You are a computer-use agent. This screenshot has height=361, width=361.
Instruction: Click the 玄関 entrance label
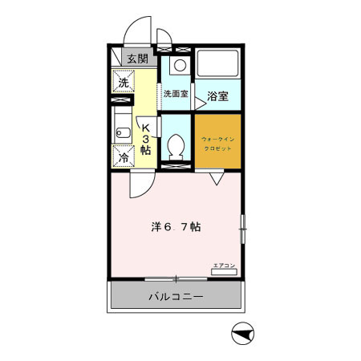click(x=136, y=58)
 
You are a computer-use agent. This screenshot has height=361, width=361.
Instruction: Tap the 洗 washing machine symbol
click(x=124, y=83)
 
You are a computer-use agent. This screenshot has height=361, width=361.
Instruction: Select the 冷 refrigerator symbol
click(x=124, y=156)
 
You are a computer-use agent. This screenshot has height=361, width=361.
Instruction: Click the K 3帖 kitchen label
click(x=146, y=138)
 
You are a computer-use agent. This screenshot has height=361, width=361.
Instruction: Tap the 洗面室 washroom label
click(x=175, y=94)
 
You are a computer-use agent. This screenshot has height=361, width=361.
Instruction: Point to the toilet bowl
click(x=176, y=148)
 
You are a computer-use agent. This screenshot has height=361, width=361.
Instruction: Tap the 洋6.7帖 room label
click(x=176, y=227)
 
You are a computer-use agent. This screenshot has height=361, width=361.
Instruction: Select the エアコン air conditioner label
click(x=224, y=265)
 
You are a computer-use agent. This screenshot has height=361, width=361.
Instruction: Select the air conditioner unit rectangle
click(x=224, y=273)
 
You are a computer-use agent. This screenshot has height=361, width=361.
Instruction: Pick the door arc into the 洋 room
click(x=140, y=185)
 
